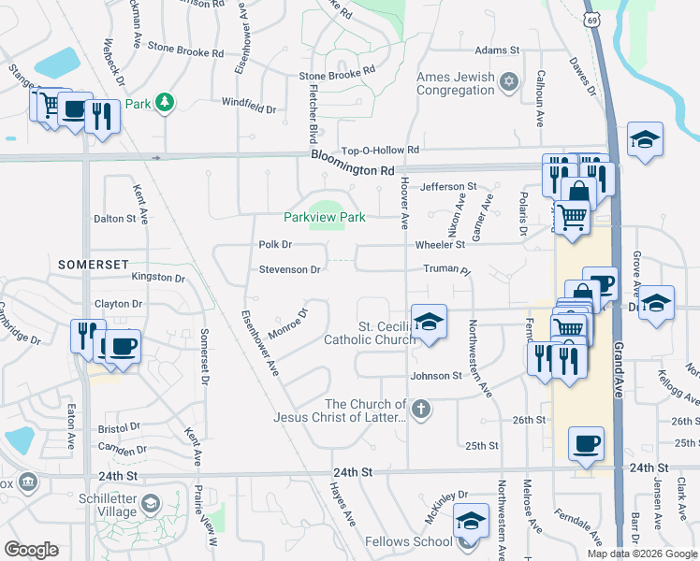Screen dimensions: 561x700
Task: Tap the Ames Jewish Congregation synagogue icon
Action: point(509,81)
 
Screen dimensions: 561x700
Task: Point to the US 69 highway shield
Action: point(592,20)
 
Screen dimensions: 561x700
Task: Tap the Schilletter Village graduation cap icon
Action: point(150,506)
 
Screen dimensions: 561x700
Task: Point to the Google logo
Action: point(31,550)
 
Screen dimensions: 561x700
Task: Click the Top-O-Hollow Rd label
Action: point(381,150)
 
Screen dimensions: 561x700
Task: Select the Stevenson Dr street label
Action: point(289,269)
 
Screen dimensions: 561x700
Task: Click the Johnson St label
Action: point(436,376)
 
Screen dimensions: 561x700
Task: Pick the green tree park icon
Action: point(165,102)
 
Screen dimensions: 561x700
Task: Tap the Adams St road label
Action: point(497,50)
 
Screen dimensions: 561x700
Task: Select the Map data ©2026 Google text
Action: point(641,554)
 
